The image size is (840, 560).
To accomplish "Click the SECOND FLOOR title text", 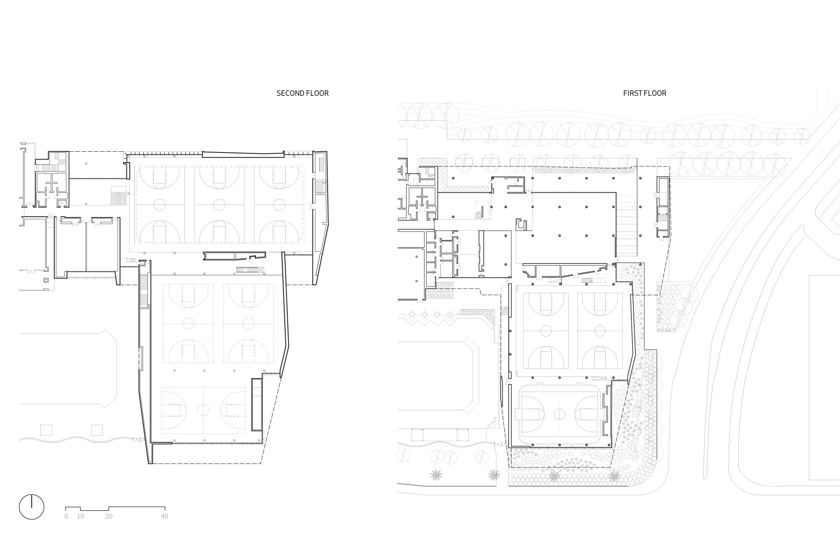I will [x=302, y=93].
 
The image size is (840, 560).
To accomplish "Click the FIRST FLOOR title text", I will [x=645, y=93].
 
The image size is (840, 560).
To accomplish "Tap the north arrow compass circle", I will [x=31, y=507].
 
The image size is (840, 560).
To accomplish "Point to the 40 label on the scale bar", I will [x=165, y=516].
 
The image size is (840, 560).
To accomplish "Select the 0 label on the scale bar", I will [x=66, y=516].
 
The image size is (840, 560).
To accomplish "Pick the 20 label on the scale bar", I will [x=109, y=516].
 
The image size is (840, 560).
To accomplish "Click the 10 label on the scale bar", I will [x=80, y=516].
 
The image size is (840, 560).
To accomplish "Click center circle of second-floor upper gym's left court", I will [x=159, y=205].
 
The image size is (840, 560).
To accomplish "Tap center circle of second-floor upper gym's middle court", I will [x=219, y=205].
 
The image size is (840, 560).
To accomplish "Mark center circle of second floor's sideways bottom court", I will [x=204, y=410].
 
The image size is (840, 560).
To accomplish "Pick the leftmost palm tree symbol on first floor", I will [x=436, y=475].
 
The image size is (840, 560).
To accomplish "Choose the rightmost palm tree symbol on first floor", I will [x=614, y=476].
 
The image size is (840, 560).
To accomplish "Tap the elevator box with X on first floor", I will [x=430, y=216].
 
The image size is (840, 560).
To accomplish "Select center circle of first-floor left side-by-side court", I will [x=546, y=331].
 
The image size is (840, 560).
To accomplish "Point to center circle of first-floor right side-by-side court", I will [x=600, y=331].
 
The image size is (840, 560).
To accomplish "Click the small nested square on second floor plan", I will [x=46, y=280].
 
